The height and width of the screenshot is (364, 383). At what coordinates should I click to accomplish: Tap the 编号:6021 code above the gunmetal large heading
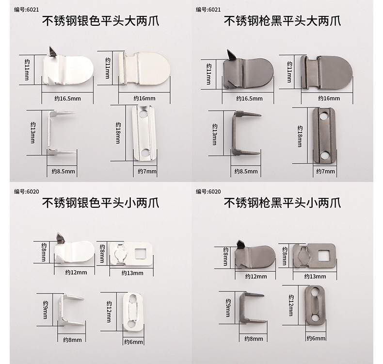point(208,9)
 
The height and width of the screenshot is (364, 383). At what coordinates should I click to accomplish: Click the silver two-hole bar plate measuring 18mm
point(144,133)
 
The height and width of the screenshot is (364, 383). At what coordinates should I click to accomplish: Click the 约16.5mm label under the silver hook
point(67,99)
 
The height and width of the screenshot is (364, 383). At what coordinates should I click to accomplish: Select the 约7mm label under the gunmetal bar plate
point(325,171)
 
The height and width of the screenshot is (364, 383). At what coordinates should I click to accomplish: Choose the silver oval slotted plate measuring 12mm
point(132,311)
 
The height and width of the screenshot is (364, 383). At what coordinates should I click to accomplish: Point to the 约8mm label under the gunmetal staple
point(254,338)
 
